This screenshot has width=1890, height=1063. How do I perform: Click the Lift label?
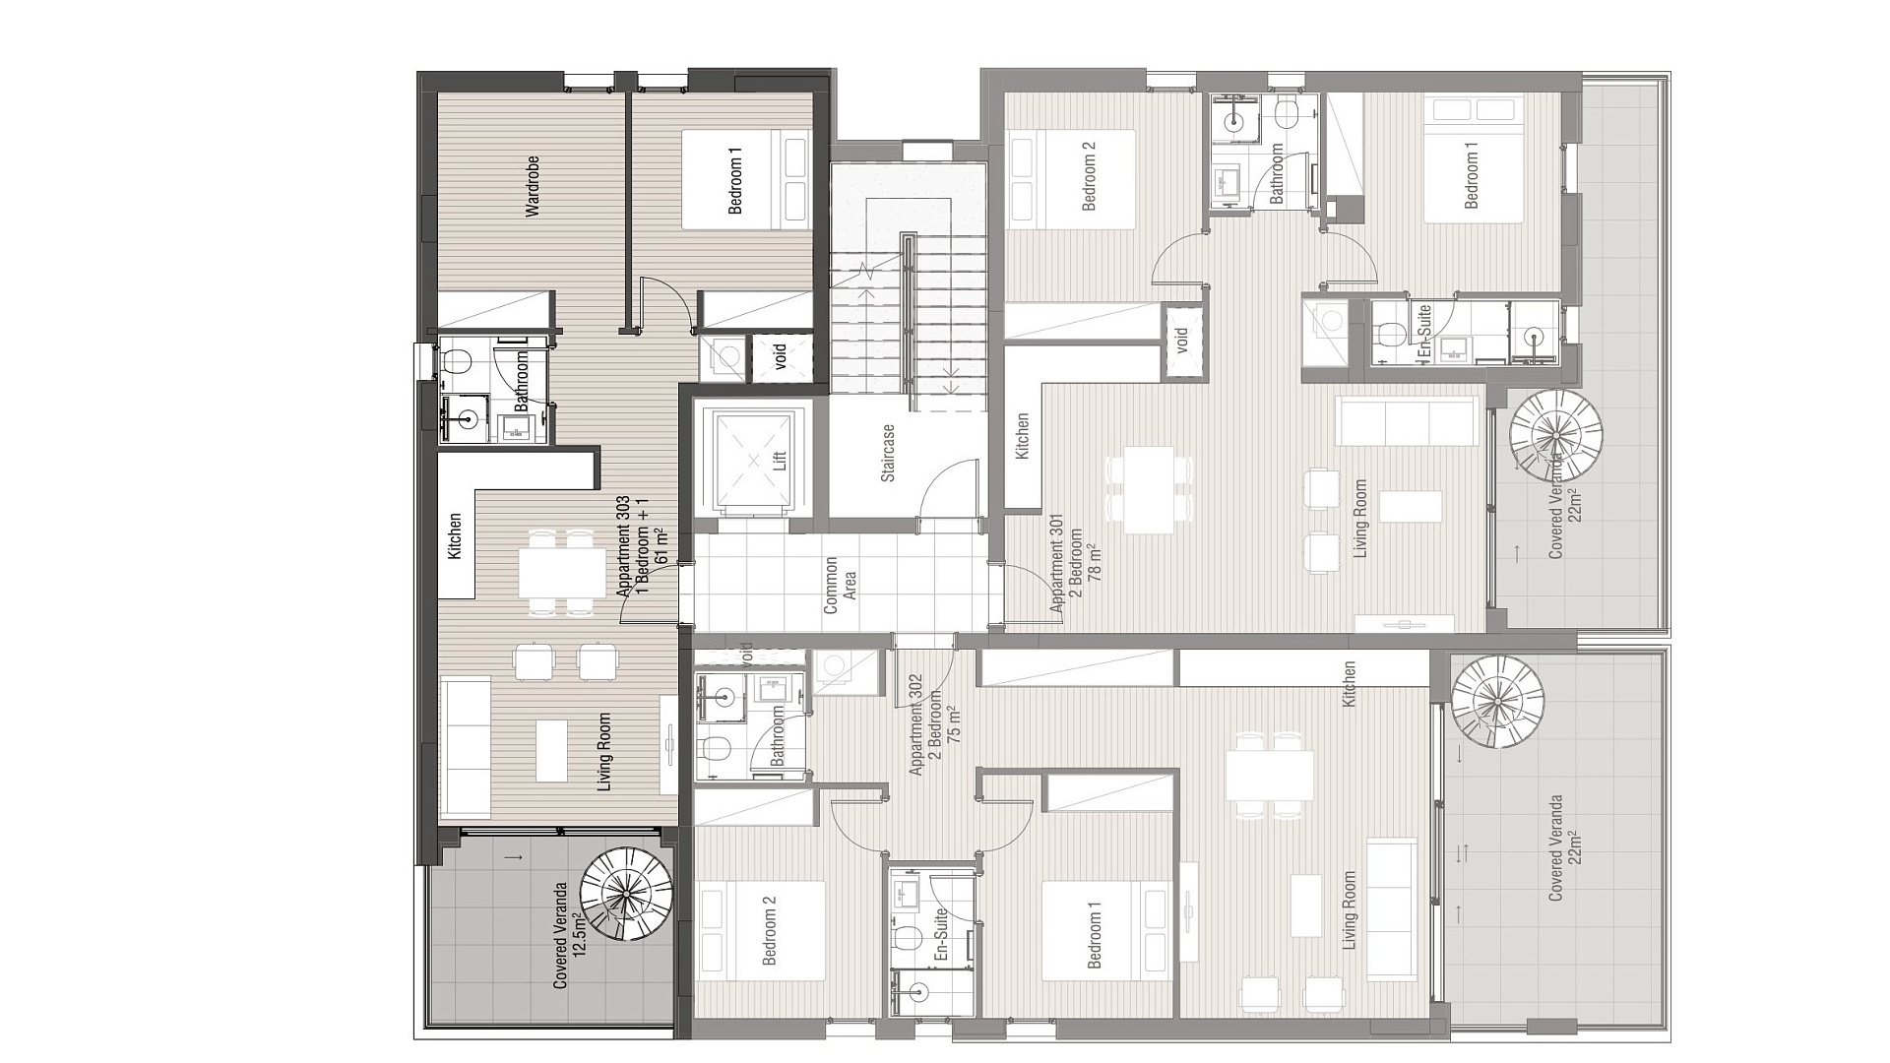coord(780,461)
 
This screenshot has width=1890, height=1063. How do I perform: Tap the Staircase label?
coord(888,453)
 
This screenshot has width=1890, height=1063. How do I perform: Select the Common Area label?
coord(839,585)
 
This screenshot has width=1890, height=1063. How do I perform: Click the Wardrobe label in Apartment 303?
coord(533,185)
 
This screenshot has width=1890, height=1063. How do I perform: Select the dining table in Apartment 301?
coord(1149,490)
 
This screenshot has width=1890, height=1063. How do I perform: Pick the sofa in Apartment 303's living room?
coord(466,747)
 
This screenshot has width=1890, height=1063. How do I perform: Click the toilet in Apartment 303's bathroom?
coord(454,359)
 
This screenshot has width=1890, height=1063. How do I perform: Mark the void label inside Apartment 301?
coord(1182,340)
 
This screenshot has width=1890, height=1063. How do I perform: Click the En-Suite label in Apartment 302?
coord(941,934)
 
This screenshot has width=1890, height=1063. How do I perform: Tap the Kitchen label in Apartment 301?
coord(1022,435)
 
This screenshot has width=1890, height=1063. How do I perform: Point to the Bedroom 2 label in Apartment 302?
coord(769,929)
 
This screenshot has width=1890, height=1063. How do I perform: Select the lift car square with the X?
coord(754,460)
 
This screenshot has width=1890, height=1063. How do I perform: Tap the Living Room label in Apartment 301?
coord(1360,519)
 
